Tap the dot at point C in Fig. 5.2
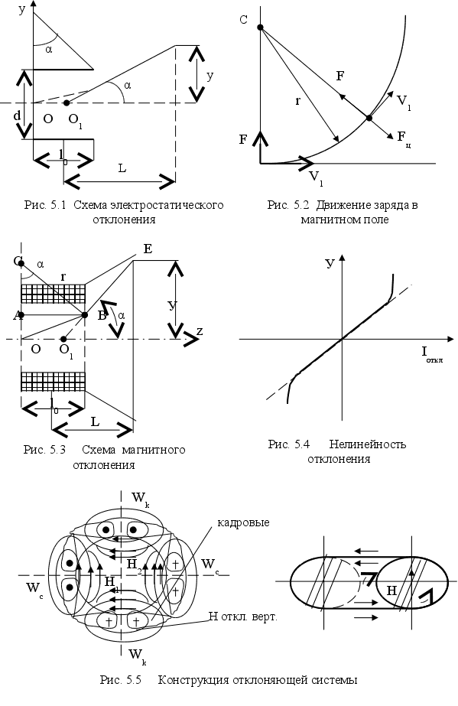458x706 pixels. pyautogui.click(x=260, y=28)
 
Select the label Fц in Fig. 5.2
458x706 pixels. pyautogui.click(x=404, y=137)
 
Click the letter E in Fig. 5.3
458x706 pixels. pyautogui.click(x=147, y=249)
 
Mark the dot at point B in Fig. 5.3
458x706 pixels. pyautogui.click(x=84, y=314)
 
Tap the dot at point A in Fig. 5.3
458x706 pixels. pyautogui.click(x=21, y=314)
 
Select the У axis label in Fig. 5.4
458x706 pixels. pyautogui.click(x=330, y=264)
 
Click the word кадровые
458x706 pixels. pyautogui.click(x=242, y=522)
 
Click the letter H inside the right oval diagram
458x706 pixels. pyautogui.click(x=390, y=591)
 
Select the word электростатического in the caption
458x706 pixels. pyautogui.click(x=165, y=206)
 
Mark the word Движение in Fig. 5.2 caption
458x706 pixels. pyautogui.click(x=347, y=206)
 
